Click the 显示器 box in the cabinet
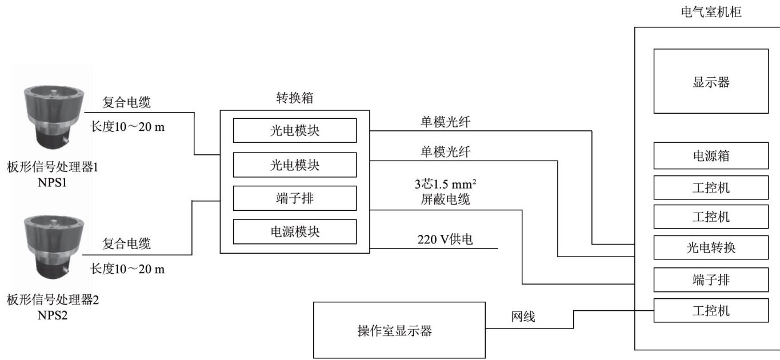point(710,81)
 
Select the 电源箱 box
point(710,155)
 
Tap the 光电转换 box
point(710,249)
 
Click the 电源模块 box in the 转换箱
point(294,231)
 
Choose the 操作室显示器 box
point(399,330)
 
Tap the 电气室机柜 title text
point(707,11)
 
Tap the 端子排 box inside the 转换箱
point(294,198)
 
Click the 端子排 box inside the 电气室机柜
point(710,280)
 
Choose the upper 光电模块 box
point(294,131)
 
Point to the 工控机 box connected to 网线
point(710,311)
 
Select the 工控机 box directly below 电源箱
point(710,186)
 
